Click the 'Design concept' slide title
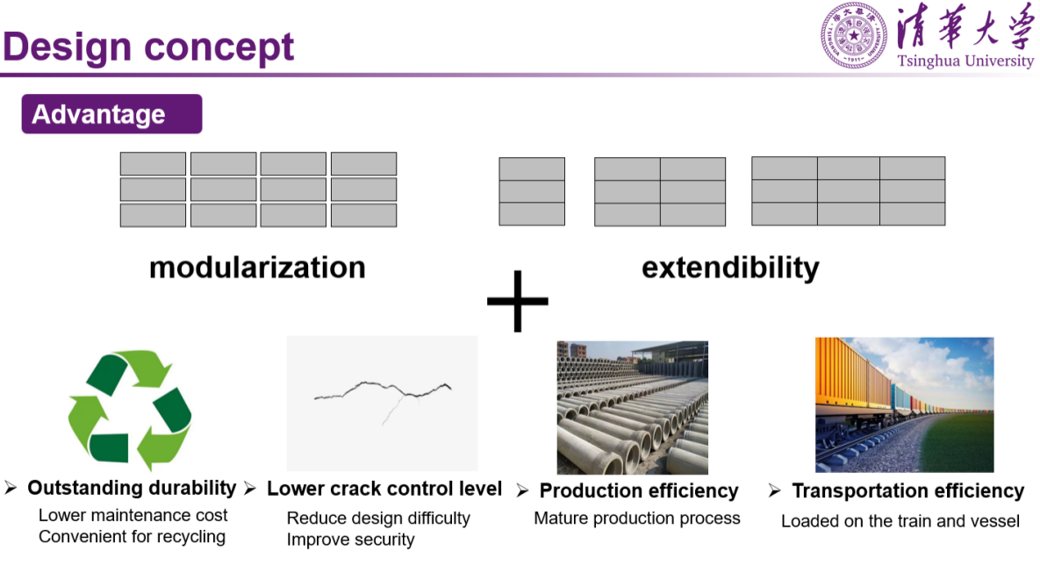point(148,47)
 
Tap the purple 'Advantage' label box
point(111,114)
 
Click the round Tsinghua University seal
point(854,35)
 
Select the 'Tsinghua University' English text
point(965,61)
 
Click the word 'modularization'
point(257,267)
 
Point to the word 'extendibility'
point(730,267)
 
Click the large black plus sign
point(518,301)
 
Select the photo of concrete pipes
point(632,407)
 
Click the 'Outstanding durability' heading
point(132,488)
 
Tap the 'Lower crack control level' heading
point(384,489)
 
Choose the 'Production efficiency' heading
point(639,491)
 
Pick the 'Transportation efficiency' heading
point(907,491)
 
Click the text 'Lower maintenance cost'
point(133,515)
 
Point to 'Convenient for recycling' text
point(132,536)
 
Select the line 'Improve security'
point(350,540)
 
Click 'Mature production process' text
point(637,518)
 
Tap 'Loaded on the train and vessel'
point(900,520)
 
